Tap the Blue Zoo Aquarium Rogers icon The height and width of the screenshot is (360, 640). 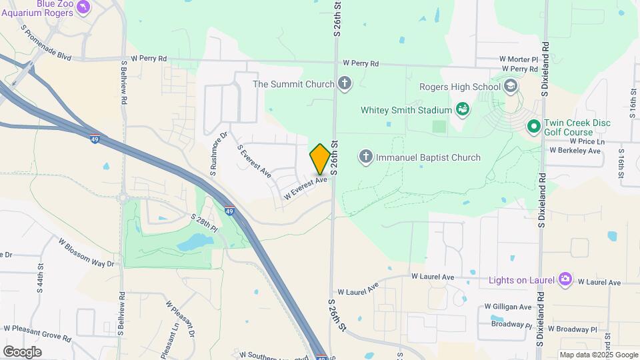pyautogui.click(x=83, y=7)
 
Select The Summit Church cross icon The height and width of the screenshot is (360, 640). pyautogui.click(x=344, y=84)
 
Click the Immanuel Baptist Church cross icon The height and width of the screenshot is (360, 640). pyautogui.click(x=365, y=157)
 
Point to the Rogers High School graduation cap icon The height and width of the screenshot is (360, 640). pyautogui.click(x=510, y=87)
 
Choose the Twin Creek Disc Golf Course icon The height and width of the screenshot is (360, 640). pyautogui.click(x=533, y=126)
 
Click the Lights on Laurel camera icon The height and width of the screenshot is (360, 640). pyautogui.click(x=565, y=279)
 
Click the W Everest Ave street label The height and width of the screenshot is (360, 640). pyautogui.click(x=305, y=187)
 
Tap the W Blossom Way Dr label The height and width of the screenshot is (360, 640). pyautogui.click(x=86, y=253)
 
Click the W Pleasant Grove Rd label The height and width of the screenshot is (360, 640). pyautogui.click(x=37, y=333)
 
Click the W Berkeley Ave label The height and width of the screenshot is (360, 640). pyautogui.click(x=575, y=151)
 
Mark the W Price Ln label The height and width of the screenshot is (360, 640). pyautogui.click(x=587, y=142)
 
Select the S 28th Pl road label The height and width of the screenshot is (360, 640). pyautogui.click(x=204, y=223)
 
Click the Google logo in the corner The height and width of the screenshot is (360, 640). pyautogui.click(x=22, y=351)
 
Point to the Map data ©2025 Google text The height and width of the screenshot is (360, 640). pyautogui.click(x=598, y=355)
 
